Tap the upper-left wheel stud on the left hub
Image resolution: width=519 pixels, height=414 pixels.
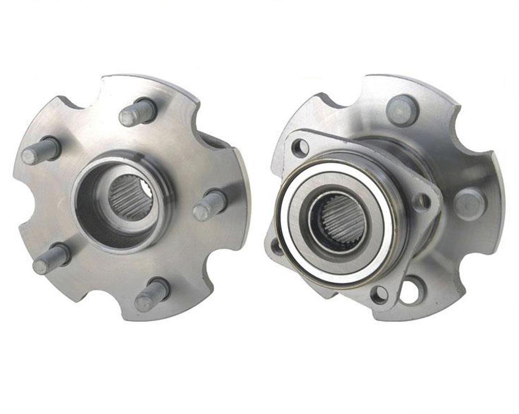[x=41, y=150]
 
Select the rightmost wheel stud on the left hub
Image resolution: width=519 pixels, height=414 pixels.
[x=210, y=205]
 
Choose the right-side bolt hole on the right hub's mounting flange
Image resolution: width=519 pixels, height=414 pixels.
[x=423, y=201]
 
